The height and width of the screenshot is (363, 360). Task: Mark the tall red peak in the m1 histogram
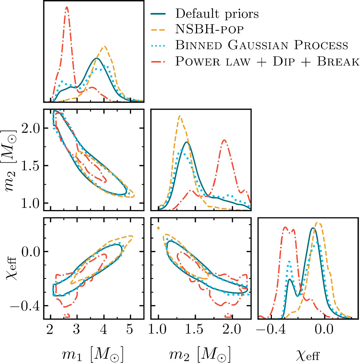pos(67,7)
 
